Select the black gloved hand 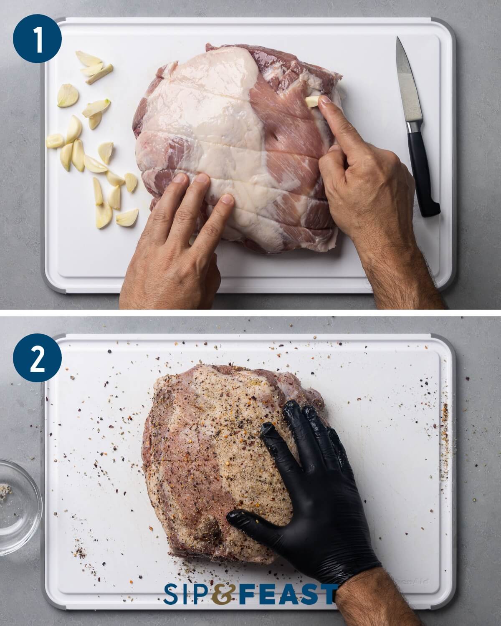point(317,472)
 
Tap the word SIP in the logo point(188,594)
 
